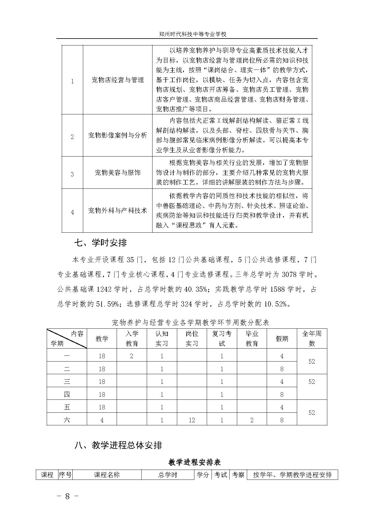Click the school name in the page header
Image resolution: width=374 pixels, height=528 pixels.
click(193, 34)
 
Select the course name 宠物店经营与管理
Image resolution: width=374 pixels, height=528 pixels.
click(118, 80)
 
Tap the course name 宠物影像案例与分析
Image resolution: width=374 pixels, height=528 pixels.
click(118, 135)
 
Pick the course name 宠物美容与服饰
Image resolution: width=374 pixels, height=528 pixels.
click(118, 173)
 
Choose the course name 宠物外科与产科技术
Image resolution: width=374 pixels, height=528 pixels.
click(118, 210)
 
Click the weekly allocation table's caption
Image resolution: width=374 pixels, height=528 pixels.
click(190, 323)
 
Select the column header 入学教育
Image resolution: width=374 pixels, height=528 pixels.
click(132, 339)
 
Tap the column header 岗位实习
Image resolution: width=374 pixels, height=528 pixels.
click(192, 339)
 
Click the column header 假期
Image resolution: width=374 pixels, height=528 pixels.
click(282, 339)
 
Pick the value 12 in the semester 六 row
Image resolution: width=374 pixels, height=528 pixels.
click(192, 420)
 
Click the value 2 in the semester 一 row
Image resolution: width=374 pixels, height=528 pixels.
click(132, 356)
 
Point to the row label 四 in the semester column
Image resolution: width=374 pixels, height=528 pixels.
click(67, 394)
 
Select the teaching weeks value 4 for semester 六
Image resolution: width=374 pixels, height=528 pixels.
click(102, 420)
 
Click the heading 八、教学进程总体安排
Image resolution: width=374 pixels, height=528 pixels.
click(118, 446)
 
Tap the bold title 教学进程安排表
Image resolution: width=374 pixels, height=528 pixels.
click(195, 462)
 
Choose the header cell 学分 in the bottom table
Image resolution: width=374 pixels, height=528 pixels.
click(203, 475)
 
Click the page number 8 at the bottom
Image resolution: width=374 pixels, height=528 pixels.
click(68, 497)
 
